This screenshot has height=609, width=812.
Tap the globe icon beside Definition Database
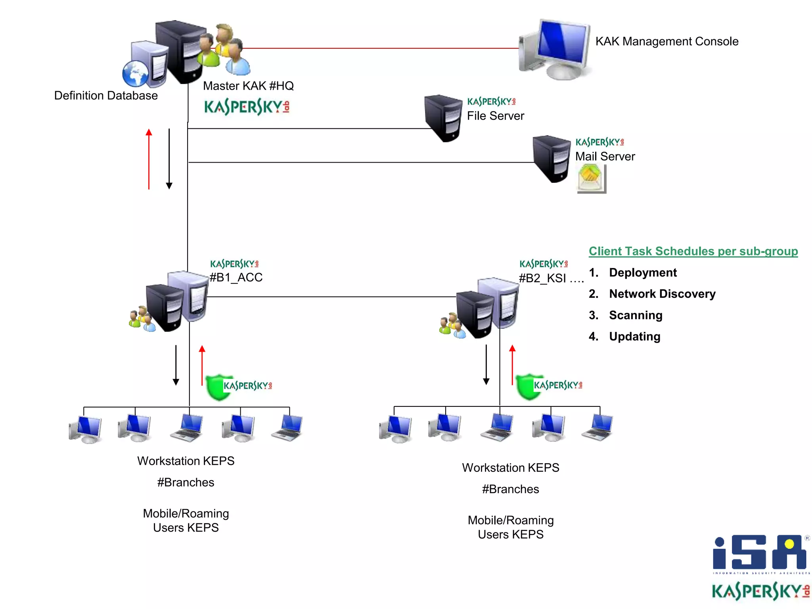(x=135, y=74)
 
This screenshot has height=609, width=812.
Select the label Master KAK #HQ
(x=248, y=86)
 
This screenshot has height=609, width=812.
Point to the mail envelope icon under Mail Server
(x=591, y=178)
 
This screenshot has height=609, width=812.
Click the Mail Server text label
(x=605, y=156)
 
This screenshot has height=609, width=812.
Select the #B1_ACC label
(x=236, y=277)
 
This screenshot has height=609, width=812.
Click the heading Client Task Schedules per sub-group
(x=693, y=251)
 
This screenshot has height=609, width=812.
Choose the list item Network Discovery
(x=662, y=294)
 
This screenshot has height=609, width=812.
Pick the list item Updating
(x=634, y=336)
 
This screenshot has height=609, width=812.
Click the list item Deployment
(x=643, y=272)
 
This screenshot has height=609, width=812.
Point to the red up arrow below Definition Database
(x=149, y=159)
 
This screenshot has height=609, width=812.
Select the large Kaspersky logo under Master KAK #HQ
(x=247, y=107)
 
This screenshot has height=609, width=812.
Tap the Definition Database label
(x=106, y=96)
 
